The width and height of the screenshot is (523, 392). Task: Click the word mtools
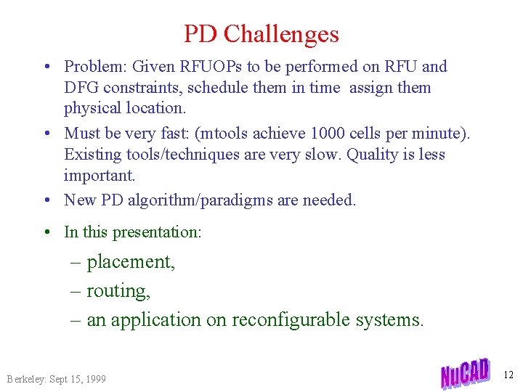244,134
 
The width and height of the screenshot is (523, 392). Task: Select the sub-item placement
131,261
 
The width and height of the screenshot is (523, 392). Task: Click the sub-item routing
118,291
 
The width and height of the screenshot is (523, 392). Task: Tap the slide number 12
508,375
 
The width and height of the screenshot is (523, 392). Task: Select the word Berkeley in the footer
26,379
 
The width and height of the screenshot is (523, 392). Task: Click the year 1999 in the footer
94,379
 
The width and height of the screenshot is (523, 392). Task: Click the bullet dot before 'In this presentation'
46,232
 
